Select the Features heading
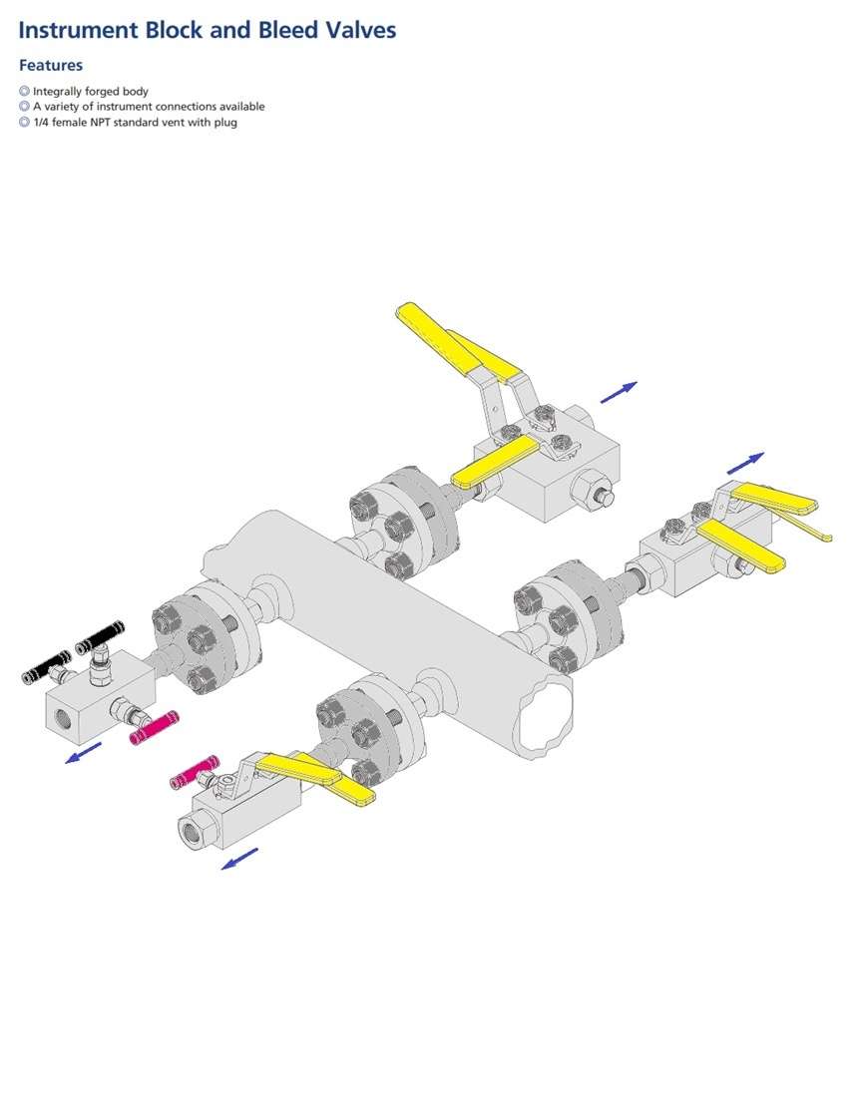click(51, 66)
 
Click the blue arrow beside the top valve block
click(618, 392)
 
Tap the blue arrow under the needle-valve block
click(83, 751)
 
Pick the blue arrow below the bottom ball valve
click(239, 859)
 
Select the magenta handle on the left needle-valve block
click(154, 728)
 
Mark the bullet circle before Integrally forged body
click(24, 92)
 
